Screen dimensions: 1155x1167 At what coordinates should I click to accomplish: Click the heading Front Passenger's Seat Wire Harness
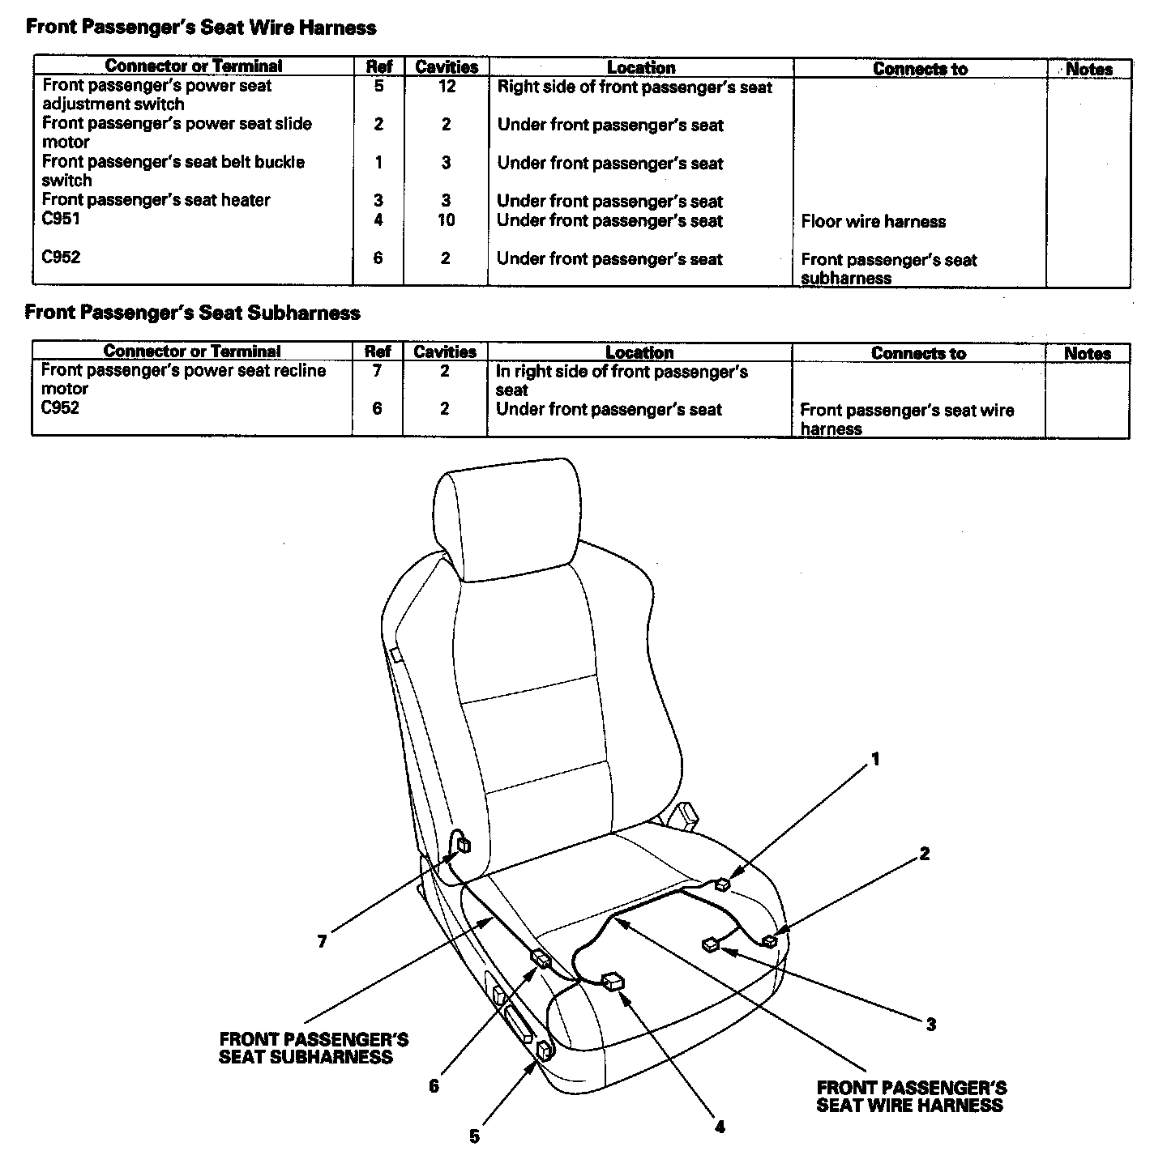(x=201, y=28)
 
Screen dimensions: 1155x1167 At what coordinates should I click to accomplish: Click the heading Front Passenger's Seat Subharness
(x=193, y=313)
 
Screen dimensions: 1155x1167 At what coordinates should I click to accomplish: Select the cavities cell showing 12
(x=447, y=86)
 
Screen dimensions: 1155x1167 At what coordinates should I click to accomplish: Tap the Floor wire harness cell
(x=873, y=221)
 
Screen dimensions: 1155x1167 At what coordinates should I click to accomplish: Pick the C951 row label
(x=62, y=219)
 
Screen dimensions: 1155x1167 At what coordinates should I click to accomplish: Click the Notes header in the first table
(x=1088, y=69)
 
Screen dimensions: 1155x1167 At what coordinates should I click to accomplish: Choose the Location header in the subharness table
(x=639, y=352)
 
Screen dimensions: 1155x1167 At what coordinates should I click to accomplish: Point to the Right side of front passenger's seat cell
(x=635, y=87)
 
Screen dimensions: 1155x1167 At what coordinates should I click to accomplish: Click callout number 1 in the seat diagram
(x=875, y=759)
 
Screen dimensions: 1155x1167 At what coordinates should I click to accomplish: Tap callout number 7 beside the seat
(x=322, y=941)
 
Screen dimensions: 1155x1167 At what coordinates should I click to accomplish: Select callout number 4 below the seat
(x=720, y=1127)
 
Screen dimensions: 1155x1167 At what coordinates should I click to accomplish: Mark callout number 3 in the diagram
(x=931, y=1025)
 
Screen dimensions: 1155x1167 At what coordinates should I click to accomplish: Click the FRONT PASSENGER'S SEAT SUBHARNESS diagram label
(x=313, y=1048)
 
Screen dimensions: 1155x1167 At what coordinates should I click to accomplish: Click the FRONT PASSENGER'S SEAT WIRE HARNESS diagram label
(x=911, y=1097)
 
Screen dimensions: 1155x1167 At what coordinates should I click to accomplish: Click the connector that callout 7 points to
(x=464, y=846)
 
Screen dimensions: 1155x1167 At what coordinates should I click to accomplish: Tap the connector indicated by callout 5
(x=544, y=1052)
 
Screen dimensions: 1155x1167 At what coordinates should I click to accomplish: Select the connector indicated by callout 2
(x=769, y=941)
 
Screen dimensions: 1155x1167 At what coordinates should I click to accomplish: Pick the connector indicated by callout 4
(x=614, y=982)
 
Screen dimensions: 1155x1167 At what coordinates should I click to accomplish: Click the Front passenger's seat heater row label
(x=156, y=200)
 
